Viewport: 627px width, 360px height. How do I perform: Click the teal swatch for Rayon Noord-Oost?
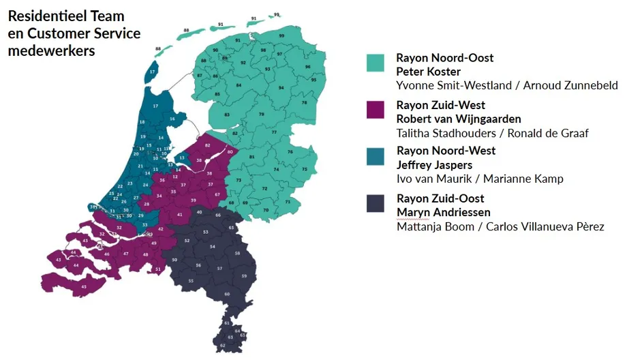pyautogui.click(x=376, y=63)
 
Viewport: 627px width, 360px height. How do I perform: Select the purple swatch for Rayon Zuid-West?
pyautogui.click(x=376, y=110)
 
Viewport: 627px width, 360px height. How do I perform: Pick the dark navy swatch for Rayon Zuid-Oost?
pyautogui.click(x=376, y=203)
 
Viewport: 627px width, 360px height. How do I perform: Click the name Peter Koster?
pyautogui.click(x=428, y=72)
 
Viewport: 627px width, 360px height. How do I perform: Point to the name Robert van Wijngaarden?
pyautogui.click(x=458, y=119)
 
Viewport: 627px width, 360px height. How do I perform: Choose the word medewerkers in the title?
pyautogui.click(x=51, y=50)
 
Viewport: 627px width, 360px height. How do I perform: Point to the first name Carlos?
pyautogui.click(x=505, y=226)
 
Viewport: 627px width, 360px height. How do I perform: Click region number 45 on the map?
pyautogui.click(x=84, y=286)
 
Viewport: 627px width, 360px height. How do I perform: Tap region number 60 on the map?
pyautogui.click(x=227, y=294)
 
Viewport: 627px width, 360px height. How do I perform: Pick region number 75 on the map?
pyautogui.click(x=305, y=169)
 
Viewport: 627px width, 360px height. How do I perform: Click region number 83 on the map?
pyautogui.click(x=226, y=115)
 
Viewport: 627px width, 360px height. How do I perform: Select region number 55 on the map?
pyautogui.click(x=191, y=280)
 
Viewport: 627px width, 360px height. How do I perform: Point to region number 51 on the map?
pyautogui.click(x=158, y=269)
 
